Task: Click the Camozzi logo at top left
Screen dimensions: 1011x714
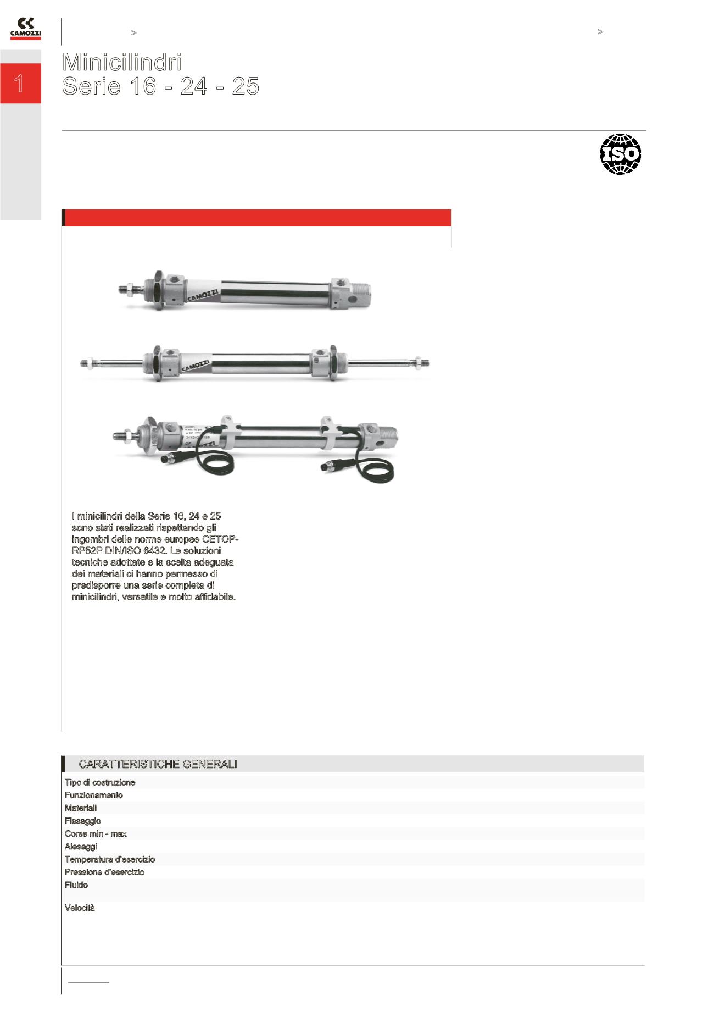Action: (x=25, y=29)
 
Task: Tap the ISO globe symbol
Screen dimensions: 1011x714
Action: (x=620, y=154)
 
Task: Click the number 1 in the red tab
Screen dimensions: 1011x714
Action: (x=19, y=84)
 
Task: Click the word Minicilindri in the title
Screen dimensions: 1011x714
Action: (x=122, y=62)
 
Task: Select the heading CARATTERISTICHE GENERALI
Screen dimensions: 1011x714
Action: (x=158, y=764)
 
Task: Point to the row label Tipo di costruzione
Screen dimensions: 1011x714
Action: (x=100, y=782)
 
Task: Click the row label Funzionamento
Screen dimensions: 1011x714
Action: (x=94, y=795)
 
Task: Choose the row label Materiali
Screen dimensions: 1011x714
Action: (x=81, y=808)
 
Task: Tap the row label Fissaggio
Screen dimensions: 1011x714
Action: (x=83, y=821)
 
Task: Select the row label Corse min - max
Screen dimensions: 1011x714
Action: (x=96, y=833)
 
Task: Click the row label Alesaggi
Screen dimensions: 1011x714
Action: (x=81, y=847)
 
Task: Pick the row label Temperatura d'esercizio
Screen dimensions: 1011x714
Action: (x=110, y=859)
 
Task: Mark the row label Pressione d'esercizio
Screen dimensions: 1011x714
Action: (x=104, y=872)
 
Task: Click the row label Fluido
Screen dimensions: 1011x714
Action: (x=76, y=885)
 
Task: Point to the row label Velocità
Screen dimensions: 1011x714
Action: (x=80, y=908)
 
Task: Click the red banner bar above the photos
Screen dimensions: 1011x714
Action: (x=256, y=218)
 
